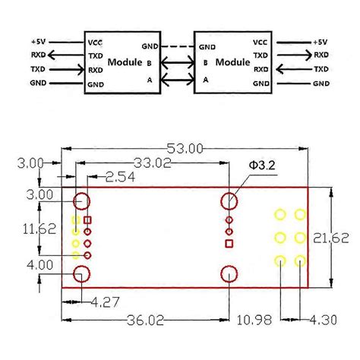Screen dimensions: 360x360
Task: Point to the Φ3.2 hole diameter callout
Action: click(x=264, y=166)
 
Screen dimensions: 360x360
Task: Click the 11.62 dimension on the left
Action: click(x=19, y=227)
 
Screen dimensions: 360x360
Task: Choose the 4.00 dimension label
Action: click(x=19, y=264)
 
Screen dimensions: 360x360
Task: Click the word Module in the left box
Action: click(x=125, y=62)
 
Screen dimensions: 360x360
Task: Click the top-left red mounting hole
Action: click(x=81, y=201)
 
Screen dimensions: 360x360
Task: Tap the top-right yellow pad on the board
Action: click(x=301, y=216)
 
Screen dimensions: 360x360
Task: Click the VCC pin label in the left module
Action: click(x=96, y=43)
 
